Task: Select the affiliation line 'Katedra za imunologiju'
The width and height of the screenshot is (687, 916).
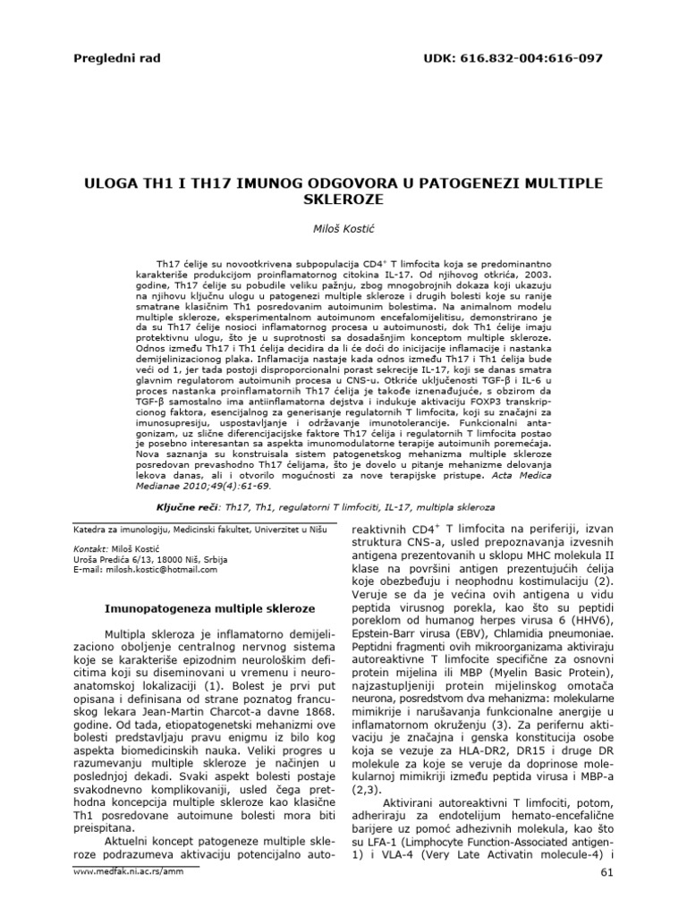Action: click(108, 529)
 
